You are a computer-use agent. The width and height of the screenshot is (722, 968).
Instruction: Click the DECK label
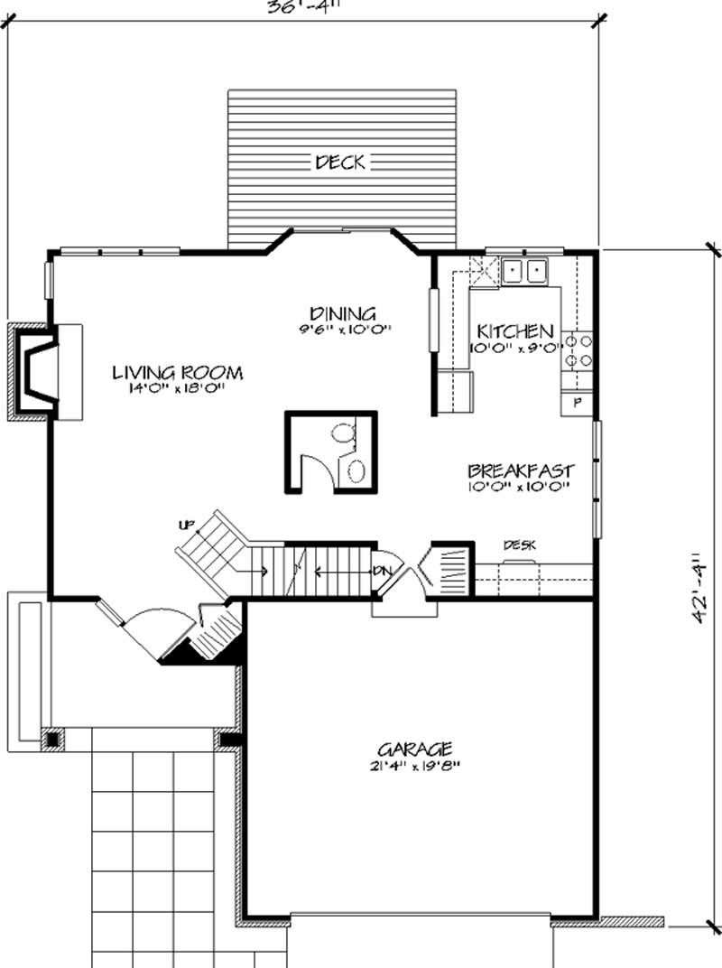click(340, 163)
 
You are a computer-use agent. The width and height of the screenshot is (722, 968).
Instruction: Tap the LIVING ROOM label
click(178, 372)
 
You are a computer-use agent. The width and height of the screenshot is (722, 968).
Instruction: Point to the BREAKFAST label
click(521, 470)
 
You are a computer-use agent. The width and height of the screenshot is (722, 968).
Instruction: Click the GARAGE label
click(414, 749)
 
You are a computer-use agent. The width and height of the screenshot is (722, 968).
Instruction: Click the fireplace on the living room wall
click(41, 370)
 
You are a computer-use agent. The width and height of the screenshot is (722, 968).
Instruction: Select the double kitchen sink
click(524, 270)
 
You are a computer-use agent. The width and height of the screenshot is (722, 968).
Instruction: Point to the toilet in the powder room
click(344, 434)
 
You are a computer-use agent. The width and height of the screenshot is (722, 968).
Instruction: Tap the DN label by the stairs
click(381, 571)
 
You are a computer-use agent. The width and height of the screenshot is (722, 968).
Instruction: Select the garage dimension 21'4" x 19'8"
click(414, 768)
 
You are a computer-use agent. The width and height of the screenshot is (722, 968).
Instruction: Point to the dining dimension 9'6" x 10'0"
click(347, 330)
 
